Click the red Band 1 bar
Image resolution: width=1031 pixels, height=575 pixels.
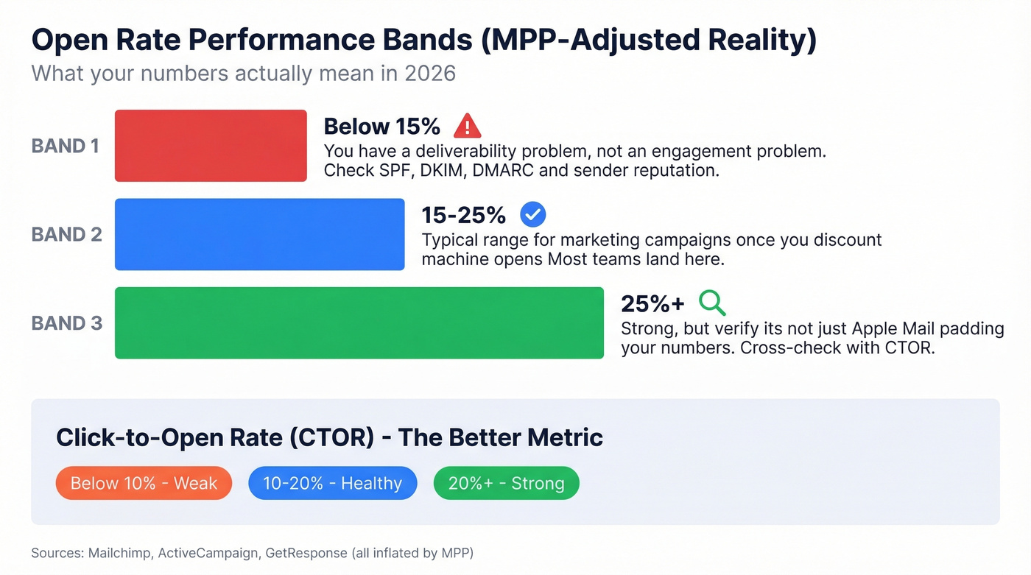(x=211, y=146)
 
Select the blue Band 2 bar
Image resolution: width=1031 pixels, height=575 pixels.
(x=259, y=234)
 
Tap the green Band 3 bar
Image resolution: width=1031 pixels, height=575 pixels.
(x=359, y=322)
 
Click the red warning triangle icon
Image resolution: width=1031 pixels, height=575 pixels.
(x=467, y=127)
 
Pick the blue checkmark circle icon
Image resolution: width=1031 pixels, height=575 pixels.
(x=532, y=215)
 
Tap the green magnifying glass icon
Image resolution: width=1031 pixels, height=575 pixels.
(x=712, y=303)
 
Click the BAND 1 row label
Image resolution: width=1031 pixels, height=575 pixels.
(x=65, y=146)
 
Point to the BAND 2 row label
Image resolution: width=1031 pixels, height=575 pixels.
(x=66, y=234)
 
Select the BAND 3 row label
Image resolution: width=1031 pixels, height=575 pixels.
(x=66, y=322)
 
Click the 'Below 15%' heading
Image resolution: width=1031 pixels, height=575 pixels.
(x=381, y=127)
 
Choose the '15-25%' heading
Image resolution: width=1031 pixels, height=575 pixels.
(x=463, y=215)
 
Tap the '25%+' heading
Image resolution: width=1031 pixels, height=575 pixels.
(x=652, y=303)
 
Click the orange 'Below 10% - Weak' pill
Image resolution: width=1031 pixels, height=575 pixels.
(x=144, y=484)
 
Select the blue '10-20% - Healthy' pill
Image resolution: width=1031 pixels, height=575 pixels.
(x=332, y=484)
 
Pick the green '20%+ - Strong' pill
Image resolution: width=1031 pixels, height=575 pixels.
(x=506, y=484)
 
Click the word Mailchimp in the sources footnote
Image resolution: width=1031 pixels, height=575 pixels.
(x=121, y=553)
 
